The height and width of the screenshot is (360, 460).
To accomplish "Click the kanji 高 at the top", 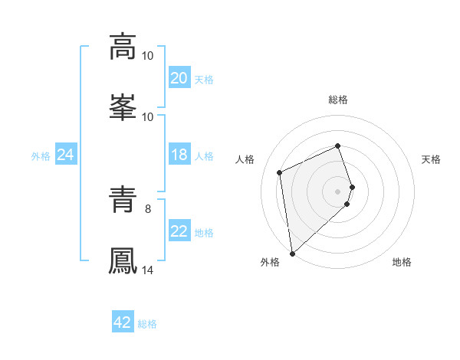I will click(123, 46).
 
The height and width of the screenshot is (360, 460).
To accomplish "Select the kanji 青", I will click(123, 200).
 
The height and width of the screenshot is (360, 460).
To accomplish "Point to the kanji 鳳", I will click(123, 260).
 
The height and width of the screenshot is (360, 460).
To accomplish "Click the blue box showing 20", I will click(179, 78).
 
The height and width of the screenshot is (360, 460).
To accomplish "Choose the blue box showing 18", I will click(179, 155).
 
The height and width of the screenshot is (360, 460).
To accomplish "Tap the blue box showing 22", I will click(179, 232).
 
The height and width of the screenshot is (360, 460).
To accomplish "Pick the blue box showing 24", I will click(66, 155).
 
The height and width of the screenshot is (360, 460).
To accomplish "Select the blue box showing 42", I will click(123, 323).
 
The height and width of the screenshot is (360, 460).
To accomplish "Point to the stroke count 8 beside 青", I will click(148, 207).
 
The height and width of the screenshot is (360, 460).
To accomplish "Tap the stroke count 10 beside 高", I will click(148, 56).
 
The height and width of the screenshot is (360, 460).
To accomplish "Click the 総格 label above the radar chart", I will click(338, 100).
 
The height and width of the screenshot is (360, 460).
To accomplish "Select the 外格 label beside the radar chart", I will click(270, 263).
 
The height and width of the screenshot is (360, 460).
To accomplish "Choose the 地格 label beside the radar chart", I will click(402, 263).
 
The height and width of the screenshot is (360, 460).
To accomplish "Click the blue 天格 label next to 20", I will click(204, 80).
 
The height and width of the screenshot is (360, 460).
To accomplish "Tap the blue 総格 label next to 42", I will click(147, 325).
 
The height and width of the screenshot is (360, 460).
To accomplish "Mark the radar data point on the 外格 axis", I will click(292, 253).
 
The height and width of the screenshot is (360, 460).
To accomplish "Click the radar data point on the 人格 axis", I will click(280, 172).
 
